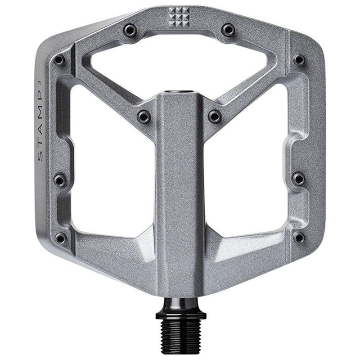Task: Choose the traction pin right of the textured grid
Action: (229, 30)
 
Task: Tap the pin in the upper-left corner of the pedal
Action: (59, 60)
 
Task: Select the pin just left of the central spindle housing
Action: (144, 117)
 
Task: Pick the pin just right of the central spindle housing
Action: (215, 117)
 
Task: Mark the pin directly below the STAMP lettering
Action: (60, 180)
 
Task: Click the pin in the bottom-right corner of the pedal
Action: (299, 238)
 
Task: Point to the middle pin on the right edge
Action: (298, 179)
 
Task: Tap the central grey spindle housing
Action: (180, 189)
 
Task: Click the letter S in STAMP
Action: (40, 156)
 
